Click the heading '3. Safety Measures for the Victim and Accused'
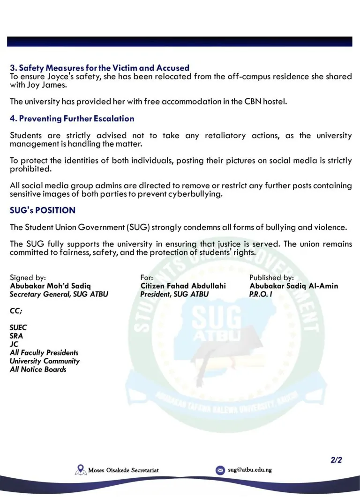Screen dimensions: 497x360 tap(99, 68)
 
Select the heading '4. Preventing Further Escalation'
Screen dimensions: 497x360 tap(72, 119)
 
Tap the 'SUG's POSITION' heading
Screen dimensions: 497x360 tap(42, 211)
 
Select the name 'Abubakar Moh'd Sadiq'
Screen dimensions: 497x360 tap(50, 286)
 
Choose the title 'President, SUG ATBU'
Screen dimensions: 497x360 tap(174, 294)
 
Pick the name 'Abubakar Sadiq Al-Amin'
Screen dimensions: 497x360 tap(293, 286)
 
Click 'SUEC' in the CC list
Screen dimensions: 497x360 tap(18, 327)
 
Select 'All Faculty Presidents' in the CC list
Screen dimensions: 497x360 tap(44, 353)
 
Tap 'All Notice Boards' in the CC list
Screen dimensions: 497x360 tap(38, 370)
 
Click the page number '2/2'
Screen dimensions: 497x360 tap(336, 460)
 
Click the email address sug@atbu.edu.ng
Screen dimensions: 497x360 tap(250, 469)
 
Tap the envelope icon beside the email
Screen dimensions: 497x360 tap(220, 470)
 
